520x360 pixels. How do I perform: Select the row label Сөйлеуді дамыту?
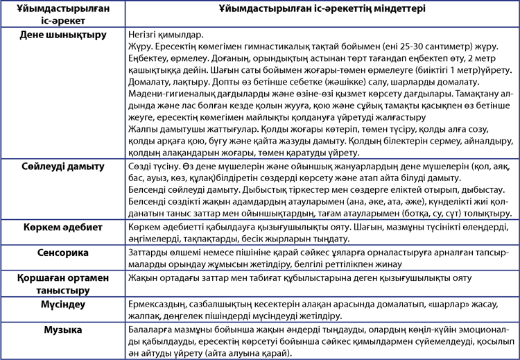coord(62,166)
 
